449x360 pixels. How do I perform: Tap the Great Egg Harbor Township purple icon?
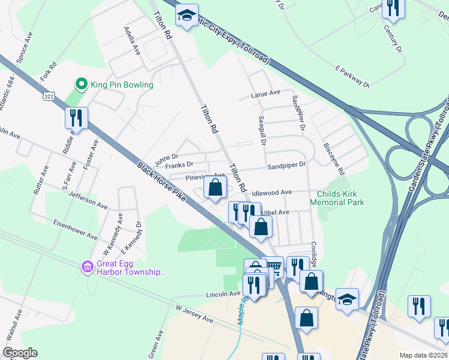pos(87,265)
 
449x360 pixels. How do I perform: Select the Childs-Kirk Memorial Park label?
pos(337,198)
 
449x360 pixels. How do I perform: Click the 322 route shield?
pos(49,95)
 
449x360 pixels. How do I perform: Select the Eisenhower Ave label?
pos(75,232)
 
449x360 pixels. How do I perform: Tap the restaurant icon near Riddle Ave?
pos(76,118)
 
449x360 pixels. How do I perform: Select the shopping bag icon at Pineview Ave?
pos(215,187)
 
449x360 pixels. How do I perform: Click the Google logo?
pos(20,353)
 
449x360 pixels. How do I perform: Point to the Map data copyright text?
pos(423,355)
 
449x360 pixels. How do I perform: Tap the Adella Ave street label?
pos(132,40)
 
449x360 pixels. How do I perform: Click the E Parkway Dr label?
pos(352,77)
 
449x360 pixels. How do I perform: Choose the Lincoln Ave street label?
pos(223,294)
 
